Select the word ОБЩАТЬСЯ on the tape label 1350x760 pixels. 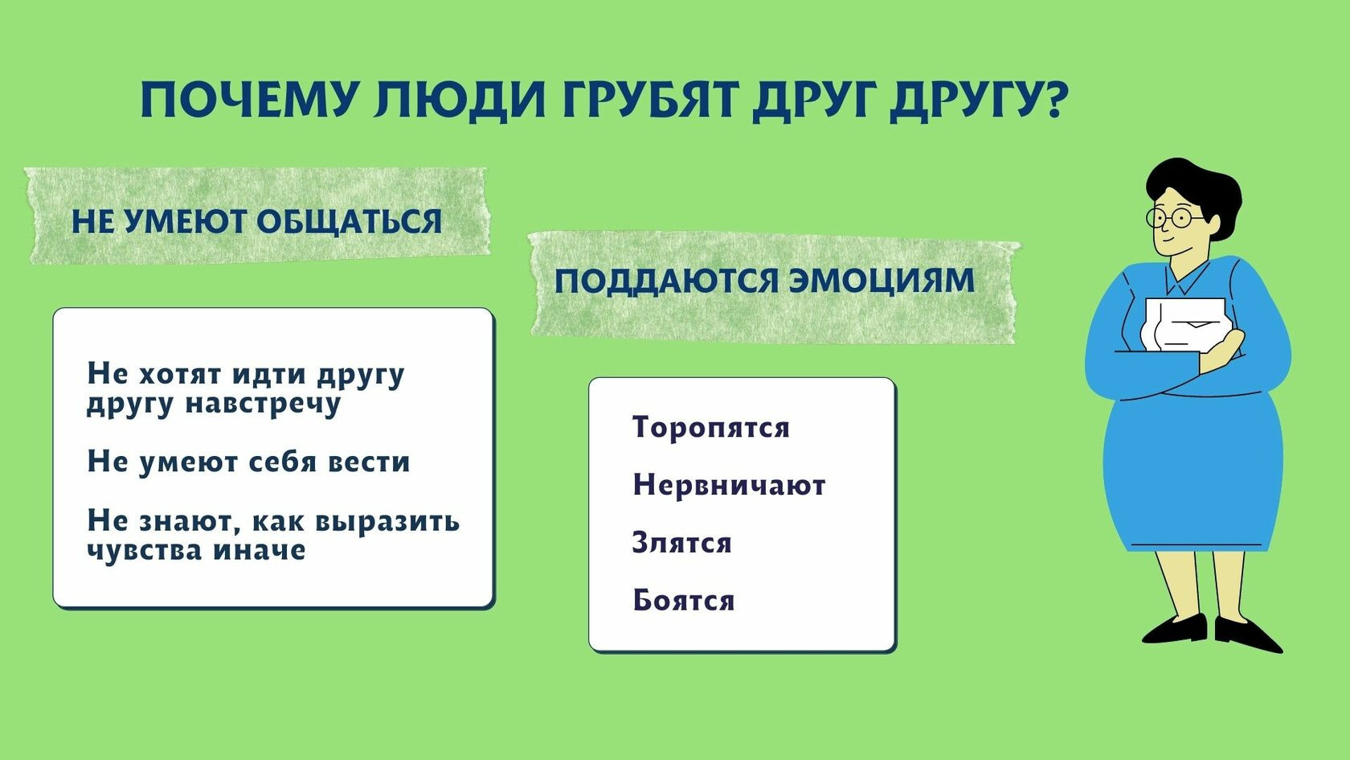click(x=349, y=222)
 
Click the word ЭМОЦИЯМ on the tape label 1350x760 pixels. click(x=882, y=281)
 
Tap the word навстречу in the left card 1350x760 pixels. click(x=263, y=403)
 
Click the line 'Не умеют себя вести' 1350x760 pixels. click(x=248, y=462)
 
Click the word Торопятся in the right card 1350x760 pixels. click(x=710, y=428)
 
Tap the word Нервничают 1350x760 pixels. click(x=729, y=485)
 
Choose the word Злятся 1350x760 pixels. click(x=681, y=542)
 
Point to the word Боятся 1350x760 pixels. click(x=683, y=600)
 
